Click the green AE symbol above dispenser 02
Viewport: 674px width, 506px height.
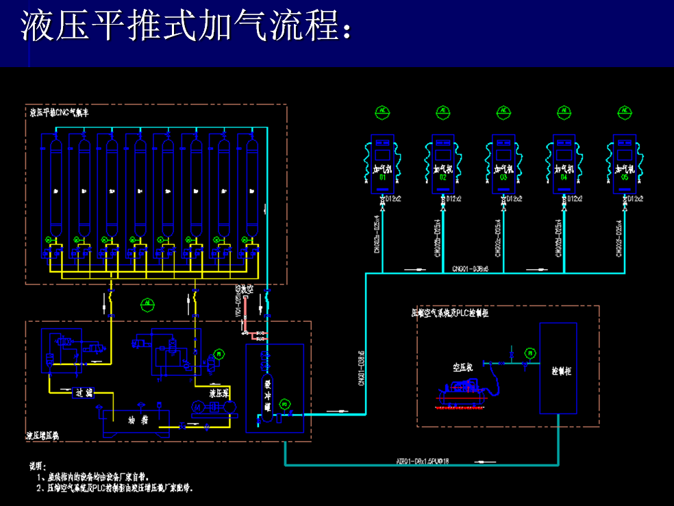(442, 112)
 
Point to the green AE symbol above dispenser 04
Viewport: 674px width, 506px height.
(564, 112)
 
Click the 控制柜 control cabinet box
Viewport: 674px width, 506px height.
(558, 368)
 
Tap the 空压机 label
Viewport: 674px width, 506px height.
(463, 368)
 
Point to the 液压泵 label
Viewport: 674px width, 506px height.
(219, 394)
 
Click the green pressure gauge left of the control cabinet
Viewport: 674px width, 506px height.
(529, 353)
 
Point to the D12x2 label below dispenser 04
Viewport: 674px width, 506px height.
(576, 199)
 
